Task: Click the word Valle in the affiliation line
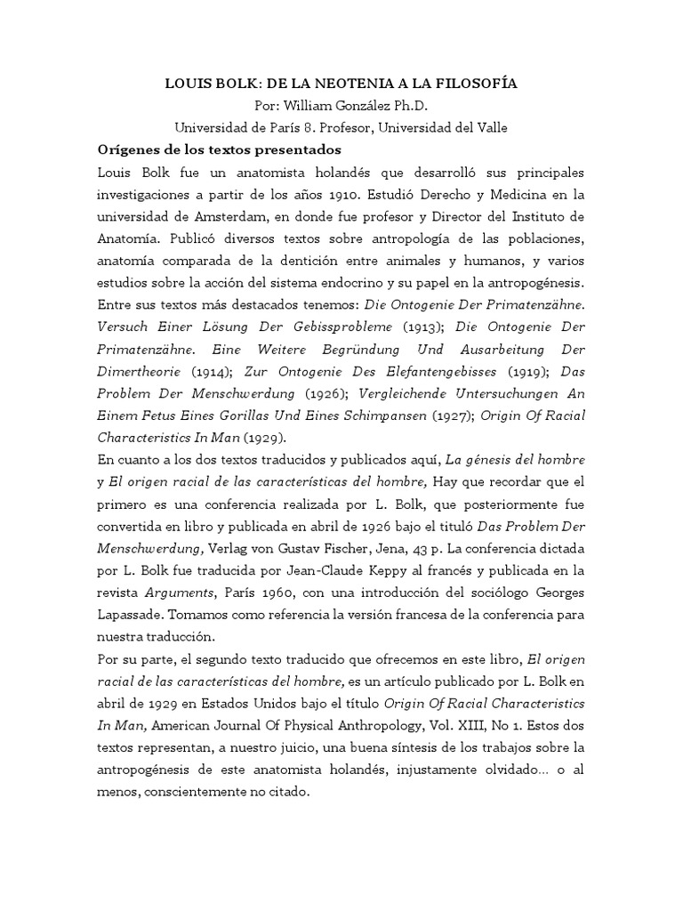pyautogui.click(x=490, y=127)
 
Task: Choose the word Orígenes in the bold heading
pyautogui.click(x=130, y=149)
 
